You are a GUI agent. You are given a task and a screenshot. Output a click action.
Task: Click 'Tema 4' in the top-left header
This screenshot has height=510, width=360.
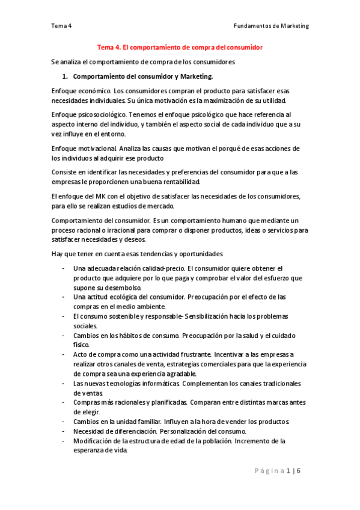click(x=61, y=26)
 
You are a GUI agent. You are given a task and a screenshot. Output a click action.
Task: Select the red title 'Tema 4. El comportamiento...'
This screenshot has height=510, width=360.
click(x=180, y=46)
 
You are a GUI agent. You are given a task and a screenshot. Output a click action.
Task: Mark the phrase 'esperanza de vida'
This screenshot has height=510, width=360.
click(x=100, y=451)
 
